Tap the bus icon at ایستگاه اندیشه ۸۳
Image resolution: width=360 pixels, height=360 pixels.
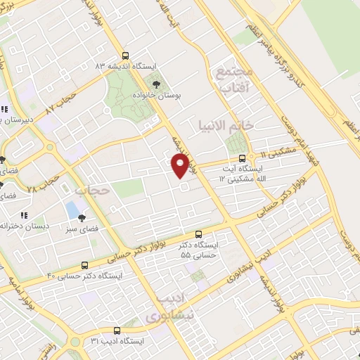coord(125,56)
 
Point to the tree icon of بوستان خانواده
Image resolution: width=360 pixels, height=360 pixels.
coord(155,84)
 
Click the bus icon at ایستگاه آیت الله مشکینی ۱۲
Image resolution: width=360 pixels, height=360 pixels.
coord(243,158)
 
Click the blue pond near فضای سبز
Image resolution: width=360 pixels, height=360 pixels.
coord(71,210)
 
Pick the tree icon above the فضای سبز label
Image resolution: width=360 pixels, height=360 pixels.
coord(84,218)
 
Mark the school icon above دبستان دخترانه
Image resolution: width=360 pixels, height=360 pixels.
coord(24,216)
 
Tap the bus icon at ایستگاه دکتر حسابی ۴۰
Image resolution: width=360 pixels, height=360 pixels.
coord(85,265)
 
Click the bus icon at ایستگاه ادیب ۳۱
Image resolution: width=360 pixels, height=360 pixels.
coord(116,330)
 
